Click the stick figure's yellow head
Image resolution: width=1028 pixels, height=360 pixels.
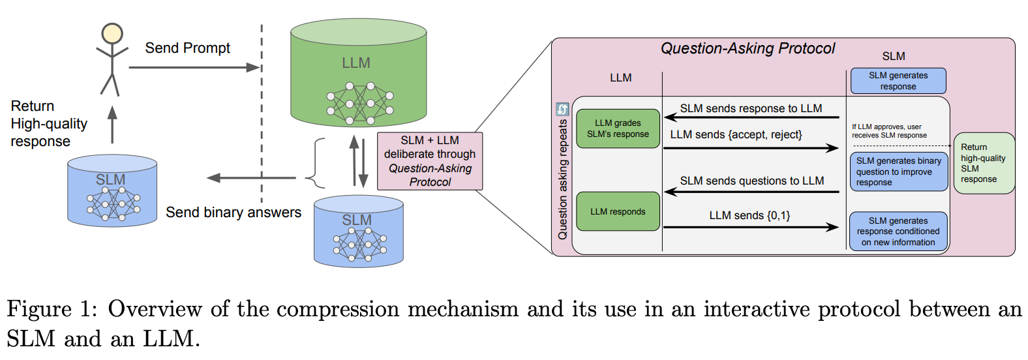pos(112,34)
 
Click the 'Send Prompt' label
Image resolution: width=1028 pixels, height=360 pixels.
pos(187,48)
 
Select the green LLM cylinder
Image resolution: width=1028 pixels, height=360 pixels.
pos(358,72)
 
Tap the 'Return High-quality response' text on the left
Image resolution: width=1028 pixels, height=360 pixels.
pos(49,123)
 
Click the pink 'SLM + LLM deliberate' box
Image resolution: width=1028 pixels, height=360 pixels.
pos(430,161)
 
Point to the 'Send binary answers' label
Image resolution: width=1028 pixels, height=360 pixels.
pos(233,213)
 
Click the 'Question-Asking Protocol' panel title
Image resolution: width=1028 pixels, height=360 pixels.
pos(748,48)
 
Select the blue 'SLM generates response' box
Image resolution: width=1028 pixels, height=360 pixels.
pos(898,81)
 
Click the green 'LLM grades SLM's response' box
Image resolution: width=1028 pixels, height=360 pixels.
pos(618,128)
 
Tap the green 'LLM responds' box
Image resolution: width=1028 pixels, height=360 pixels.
pos(618,211)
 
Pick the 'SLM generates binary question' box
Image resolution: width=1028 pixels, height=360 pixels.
pos(898,172)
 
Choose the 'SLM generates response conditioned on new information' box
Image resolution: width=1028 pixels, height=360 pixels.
pos(898,231)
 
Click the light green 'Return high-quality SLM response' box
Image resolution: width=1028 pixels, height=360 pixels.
pos(984,163)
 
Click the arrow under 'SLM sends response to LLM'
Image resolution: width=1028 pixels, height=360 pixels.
pos(751,117)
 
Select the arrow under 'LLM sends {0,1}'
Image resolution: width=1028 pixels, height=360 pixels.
pos(751,227)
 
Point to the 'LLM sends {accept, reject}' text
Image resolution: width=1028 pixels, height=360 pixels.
pos(736,135)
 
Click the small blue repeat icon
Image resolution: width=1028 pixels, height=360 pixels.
pos(562,109)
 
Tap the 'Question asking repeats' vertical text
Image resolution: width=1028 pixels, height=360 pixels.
pos(563,179)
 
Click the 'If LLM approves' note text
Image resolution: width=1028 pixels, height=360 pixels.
pos(889,130)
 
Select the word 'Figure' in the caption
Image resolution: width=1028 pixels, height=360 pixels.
pos(39,310)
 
